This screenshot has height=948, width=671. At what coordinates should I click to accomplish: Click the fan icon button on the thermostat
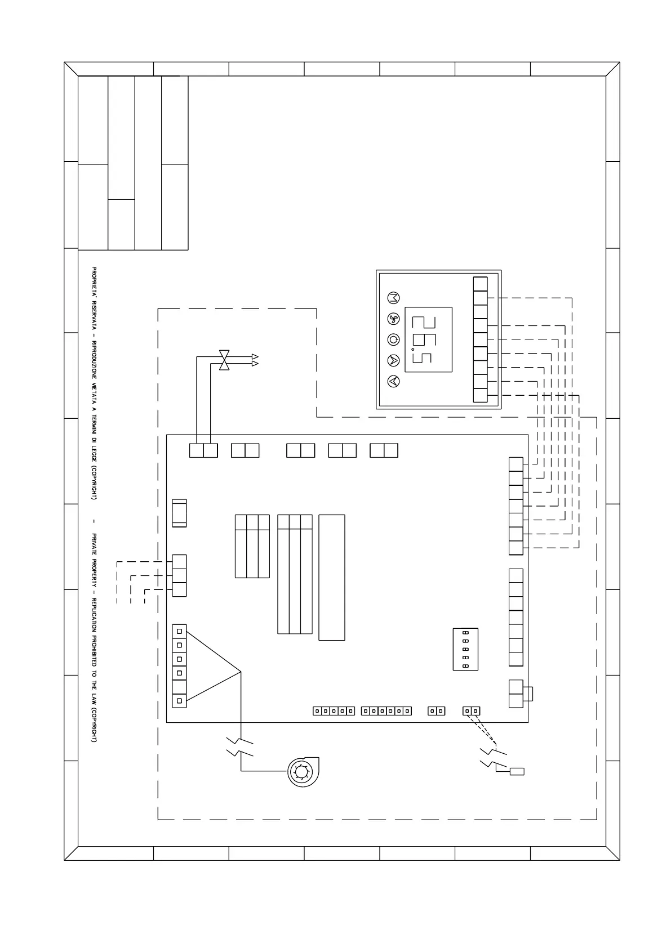393,319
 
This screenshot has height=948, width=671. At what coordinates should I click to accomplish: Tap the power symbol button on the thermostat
393,339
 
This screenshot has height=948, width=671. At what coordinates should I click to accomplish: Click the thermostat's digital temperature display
428,339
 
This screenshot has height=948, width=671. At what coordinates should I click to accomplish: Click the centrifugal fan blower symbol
303,771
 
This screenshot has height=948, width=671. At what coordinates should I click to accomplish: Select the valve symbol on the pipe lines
225,360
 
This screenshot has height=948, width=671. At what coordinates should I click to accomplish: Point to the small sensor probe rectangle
517,771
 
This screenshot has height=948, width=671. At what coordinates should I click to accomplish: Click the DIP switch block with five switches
465,649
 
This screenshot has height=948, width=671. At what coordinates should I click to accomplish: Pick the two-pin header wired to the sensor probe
471,711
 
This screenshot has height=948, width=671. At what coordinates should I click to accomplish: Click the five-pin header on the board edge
334,711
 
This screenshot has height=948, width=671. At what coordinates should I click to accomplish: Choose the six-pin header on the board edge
386,711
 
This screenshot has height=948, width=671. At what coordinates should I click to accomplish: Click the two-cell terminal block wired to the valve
203,450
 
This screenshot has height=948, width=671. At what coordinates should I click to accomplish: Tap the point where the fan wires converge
241,672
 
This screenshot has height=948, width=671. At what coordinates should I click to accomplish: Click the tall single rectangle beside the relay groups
332,577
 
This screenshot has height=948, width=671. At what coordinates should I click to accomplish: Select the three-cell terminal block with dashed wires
179,575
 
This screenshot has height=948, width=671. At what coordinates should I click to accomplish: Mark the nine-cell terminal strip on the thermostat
480,339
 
